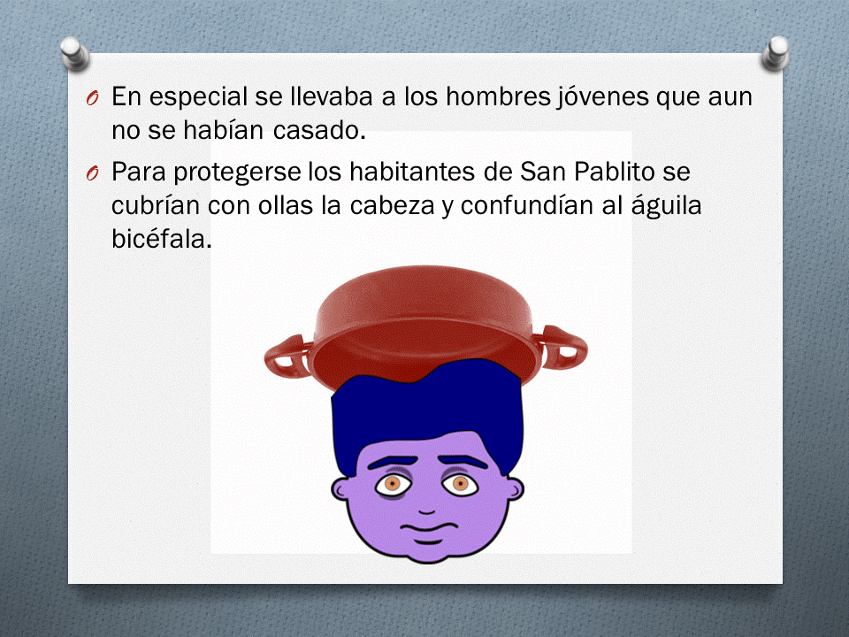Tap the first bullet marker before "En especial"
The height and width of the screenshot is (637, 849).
point(95,98)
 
